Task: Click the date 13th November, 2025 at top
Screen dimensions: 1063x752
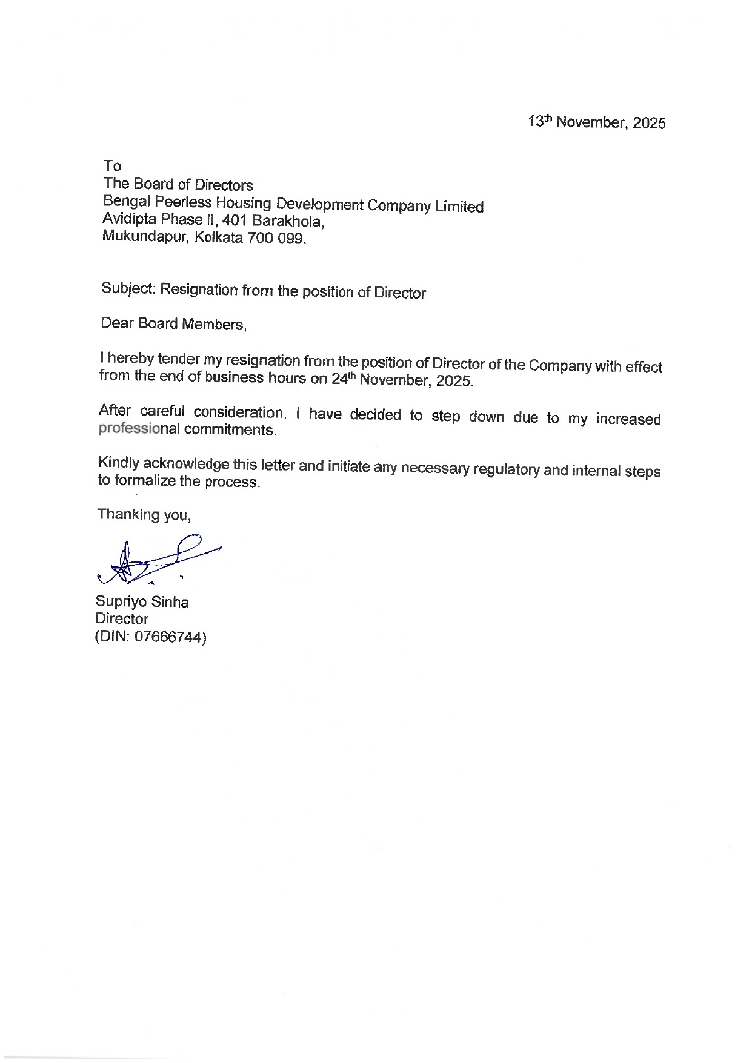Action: pyautogui.click(x=596, y=122)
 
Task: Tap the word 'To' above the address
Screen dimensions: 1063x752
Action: pyautogui.click(x=112, y=166)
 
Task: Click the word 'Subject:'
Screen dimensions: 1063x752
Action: pyautogui.click(x=129, y=288)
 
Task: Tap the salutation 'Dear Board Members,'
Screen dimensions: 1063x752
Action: pyautogui.click(x=173, y=324)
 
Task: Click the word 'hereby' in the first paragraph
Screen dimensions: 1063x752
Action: pyautogui.click(x=130, y=358)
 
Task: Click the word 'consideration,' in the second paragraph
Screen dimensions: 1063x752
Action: pyautogui.click(x=239, y=412)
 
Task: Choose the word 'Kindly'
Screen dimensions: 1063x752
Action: pyautogui.click(x=119, y=463)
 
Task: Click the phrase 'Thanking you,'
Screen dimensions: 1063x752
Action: pyautogui.click(x=144, y=515)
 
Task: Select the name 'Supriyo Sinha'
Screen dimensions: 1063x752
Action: pyautogui.click(x=142, y=602)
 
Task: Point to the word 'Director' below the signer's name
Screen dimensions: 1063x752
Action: pyautogui.click(x=122, y=619)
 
